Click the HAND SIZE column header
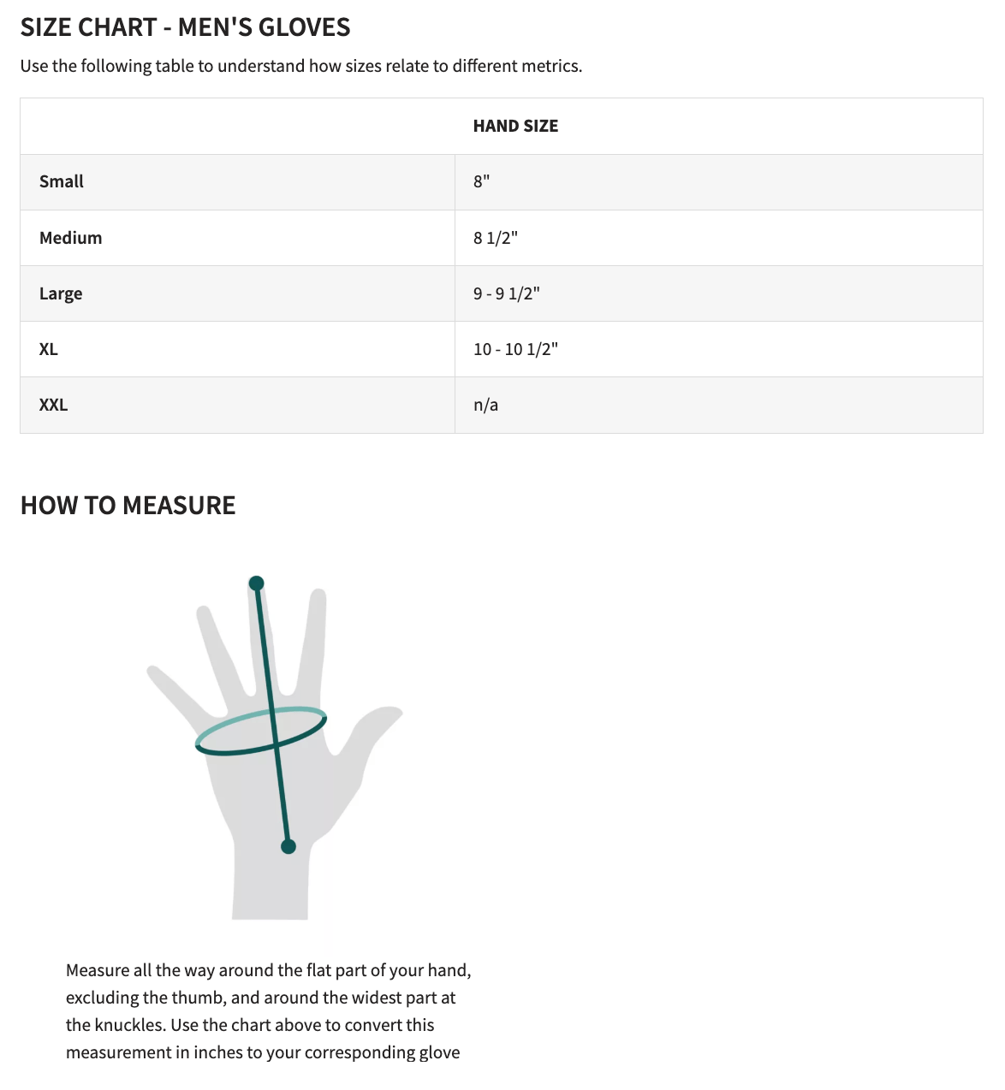pos(515,126)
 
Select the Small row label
pos(62,181)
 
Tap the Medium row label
pos(70,238)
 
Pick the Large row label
pos(61,293)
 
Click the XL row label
pos(49,349)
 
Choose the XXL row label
pos(53,405)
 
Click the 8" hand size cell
pos(481,181)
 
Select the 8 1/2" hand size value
pos(496,238)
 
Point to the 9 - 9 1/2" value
pos(506,293)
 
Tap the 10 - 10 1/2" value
pos(515,349)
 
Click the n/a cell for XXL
pos(485,405)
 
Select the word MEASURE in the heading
pos(179,506)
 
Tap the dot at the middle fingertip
pos(256,584)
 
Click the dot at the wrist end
pos(288,846)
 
